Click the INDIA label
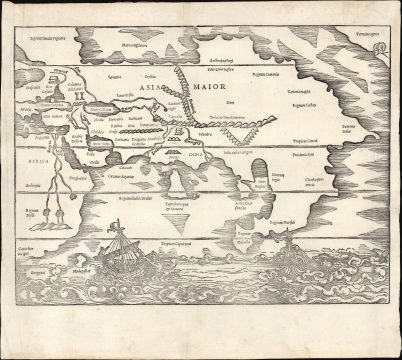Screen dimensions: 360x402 pos(196,156)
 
